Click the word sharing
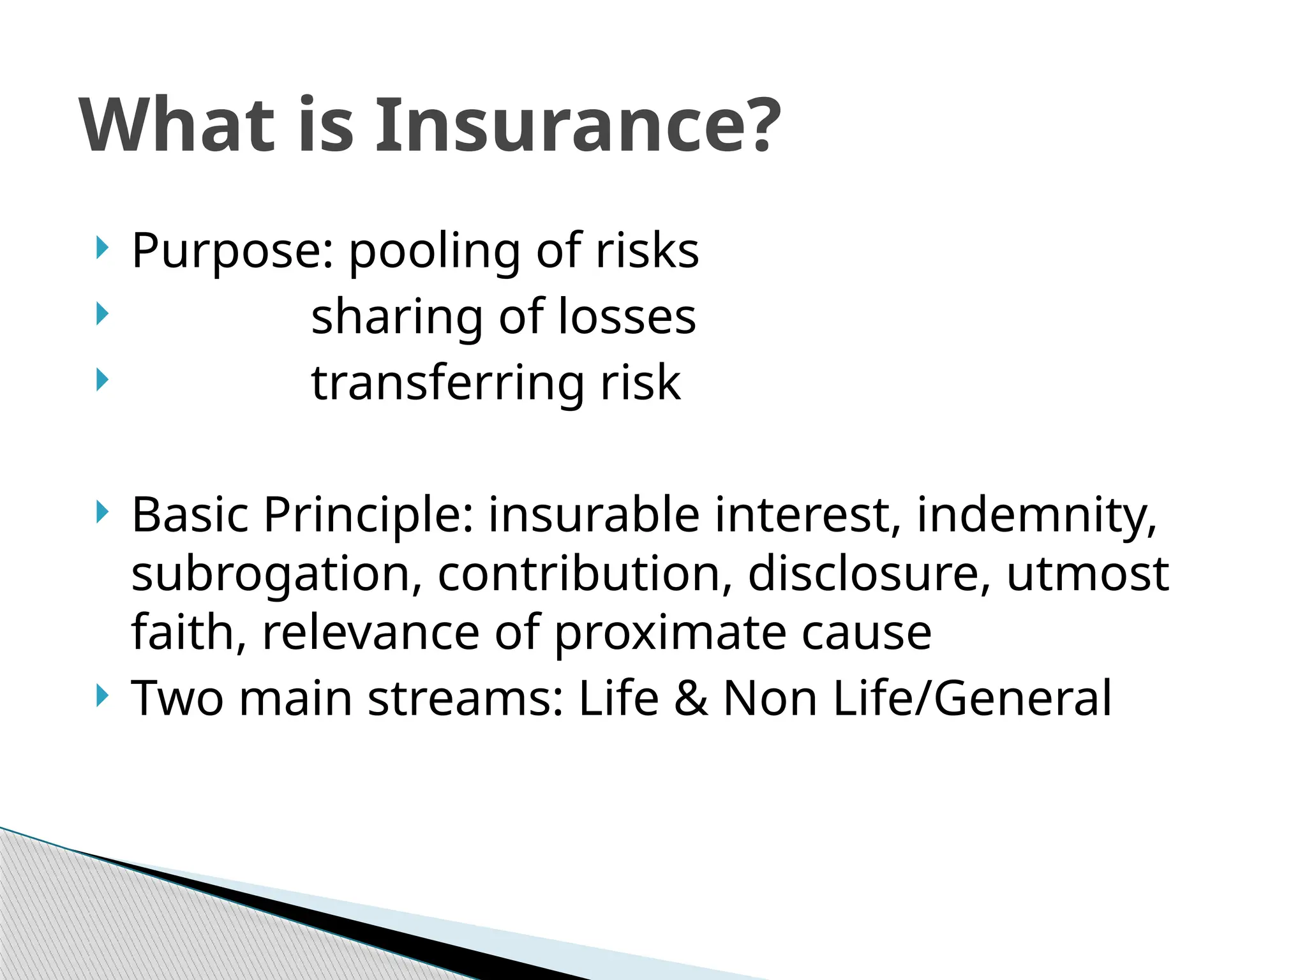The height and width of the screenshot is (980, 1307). pos(396,318)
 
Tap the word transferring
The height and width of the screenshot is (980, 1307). pos(447,383)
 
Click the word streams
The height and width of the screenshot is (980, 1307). pos(466,698)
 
